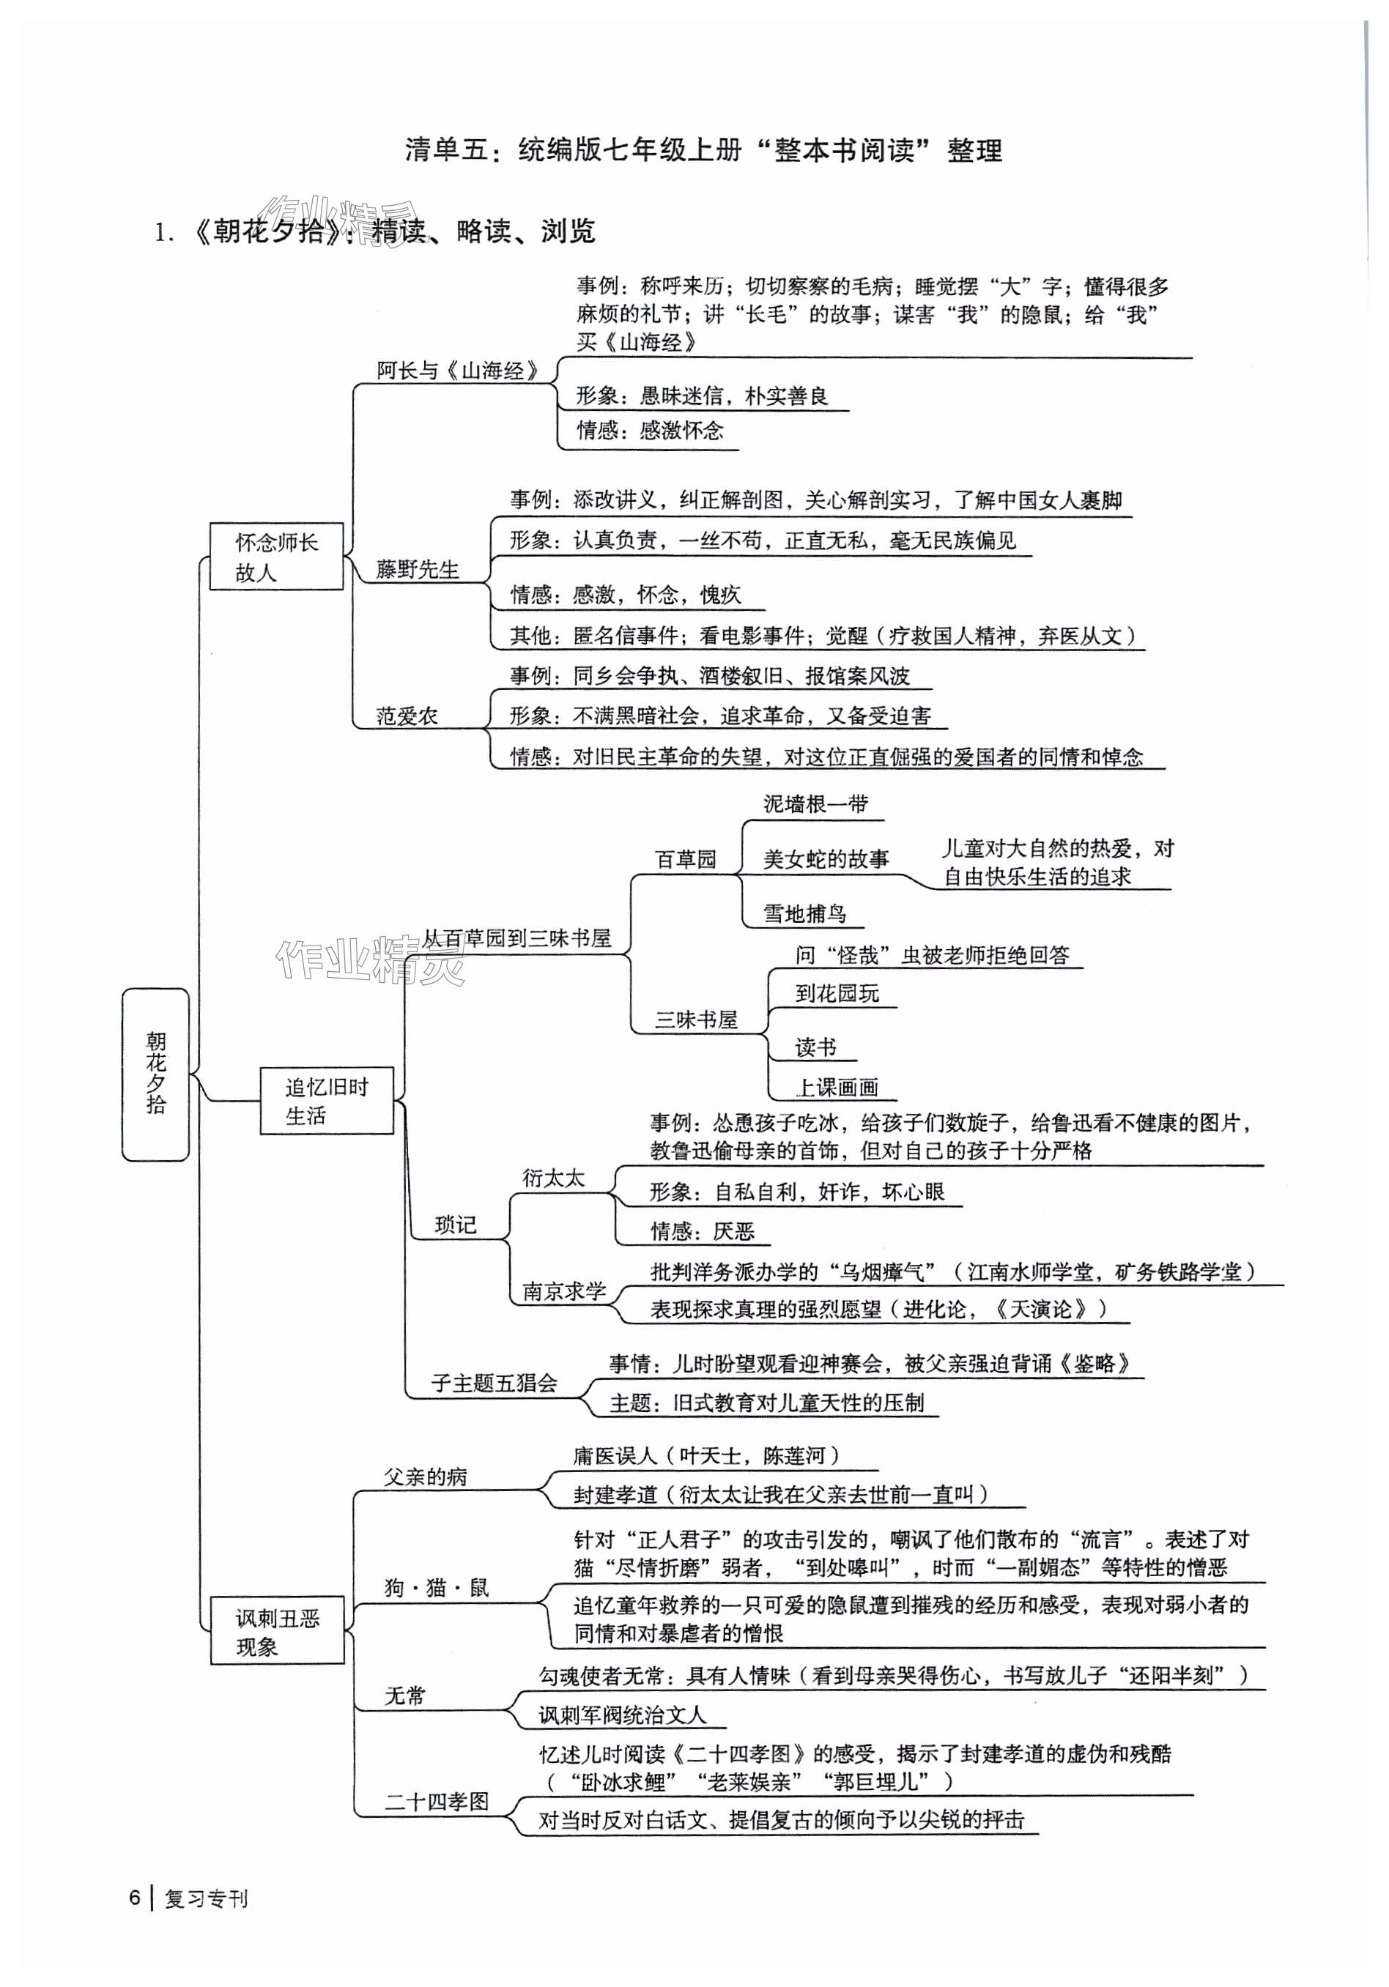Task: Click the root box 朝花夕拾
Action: [x=156, y=1073]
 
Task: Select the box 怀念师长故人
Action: [x=276, y=557]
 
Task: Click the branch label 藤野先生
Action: [x=417, y=570]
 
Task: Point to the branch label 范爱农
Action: [x=407, y=716]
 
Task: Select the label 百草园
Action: [x=686, y=859]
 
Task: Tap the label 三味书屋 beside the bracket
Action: [x=696, y=1020]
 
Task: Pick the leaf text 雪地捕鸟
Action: [x=804, y=913]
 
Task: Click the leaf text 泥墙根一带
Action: [x=815, y=804]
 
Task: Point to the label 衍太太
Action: [x=553, y=1178]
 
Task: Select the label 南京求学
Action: [x=563, y=1291]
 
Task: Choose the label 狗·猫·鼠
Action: [x=437, y=1587]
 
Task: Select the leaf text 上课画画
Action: [x=836, y=1087]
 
